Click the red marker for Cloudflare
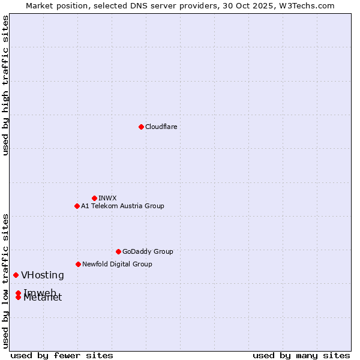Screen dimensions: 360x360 tap(141, 127)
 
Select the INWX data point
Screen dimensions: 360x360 tap(94, 198)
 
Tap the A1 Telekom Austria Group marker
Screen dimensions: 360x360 tap(77, 206)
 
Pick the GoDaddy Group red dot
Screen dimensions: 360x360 tap(118, 251)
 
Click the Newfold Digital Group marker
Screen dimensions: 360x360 tap(78, 264)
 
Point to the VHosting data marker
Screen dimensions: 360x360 tap(16, 275)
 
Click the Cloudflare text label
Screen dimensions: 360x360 tap(161, 127)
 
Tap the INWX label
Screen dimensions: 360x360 tap(107, 198)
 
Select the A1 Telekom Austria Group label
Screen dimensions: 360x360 tap(122, 206)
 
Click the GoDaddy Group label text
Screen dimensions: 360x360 tap(148, 251)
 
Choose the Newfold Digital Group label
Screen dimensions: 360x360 tap(117, 264)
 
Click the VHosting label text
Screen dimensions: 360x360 tap(42, 275)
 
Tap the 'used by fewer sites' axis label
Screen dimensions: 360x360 tap(62, 355)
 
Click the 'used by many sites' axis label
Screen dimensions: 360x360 tap(301, 355)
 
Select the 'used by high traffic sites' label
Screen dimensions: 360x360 tap(5, 85)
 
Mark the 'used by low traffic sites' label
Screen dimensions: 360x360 tap(5, 281)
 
